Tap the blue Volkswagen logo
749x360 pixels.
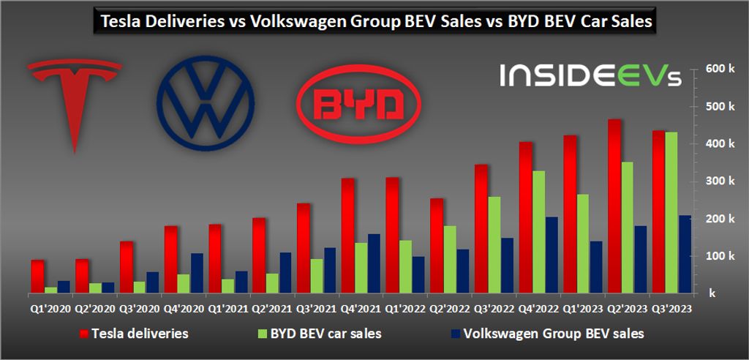click(206, 103)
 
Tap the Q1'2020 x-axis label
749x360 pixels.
click(51, 310)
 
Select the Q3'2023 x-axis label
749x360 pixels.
click(672, 310)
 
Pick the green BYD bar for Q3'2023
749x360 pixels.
click(671, 213)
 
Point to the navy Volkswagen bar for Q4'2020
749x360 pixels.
click(197, 273)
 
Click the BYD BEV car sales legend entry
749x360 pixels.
click(320, 334)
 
